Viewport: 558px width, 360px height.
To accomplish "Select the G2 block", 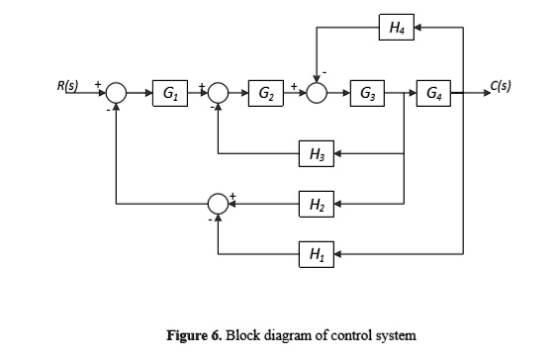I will click(x=265, y=94).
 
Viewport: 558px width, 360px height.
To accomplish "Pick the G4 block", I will click(x=434, y=94).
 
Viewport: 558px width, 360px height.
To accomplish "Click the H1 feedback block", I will click(x=317, y=254).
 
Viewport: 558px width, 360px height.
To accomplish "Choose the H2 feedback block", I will click(x=317, y=205).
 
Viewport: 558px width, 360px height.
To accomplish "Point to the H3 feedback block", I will click(x=317, y=153).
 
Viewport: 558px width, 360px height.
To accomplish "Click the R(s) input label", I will click(x=69, y=86).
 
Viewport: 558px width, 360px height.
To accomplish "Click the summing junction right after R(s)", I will click(x=117, y=94).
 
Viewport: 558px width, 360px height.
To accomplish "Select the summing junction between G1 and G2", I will click(x=218, y=94).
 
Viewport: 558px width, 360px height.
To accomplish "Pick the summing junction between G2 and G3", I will click(x=317, y=94).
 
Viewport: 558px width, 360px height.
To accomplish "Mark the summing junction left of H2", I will click(x=218, y=205).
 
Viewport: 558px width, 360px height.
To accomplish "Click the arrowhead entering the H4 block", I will click(x=417, y=29).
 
